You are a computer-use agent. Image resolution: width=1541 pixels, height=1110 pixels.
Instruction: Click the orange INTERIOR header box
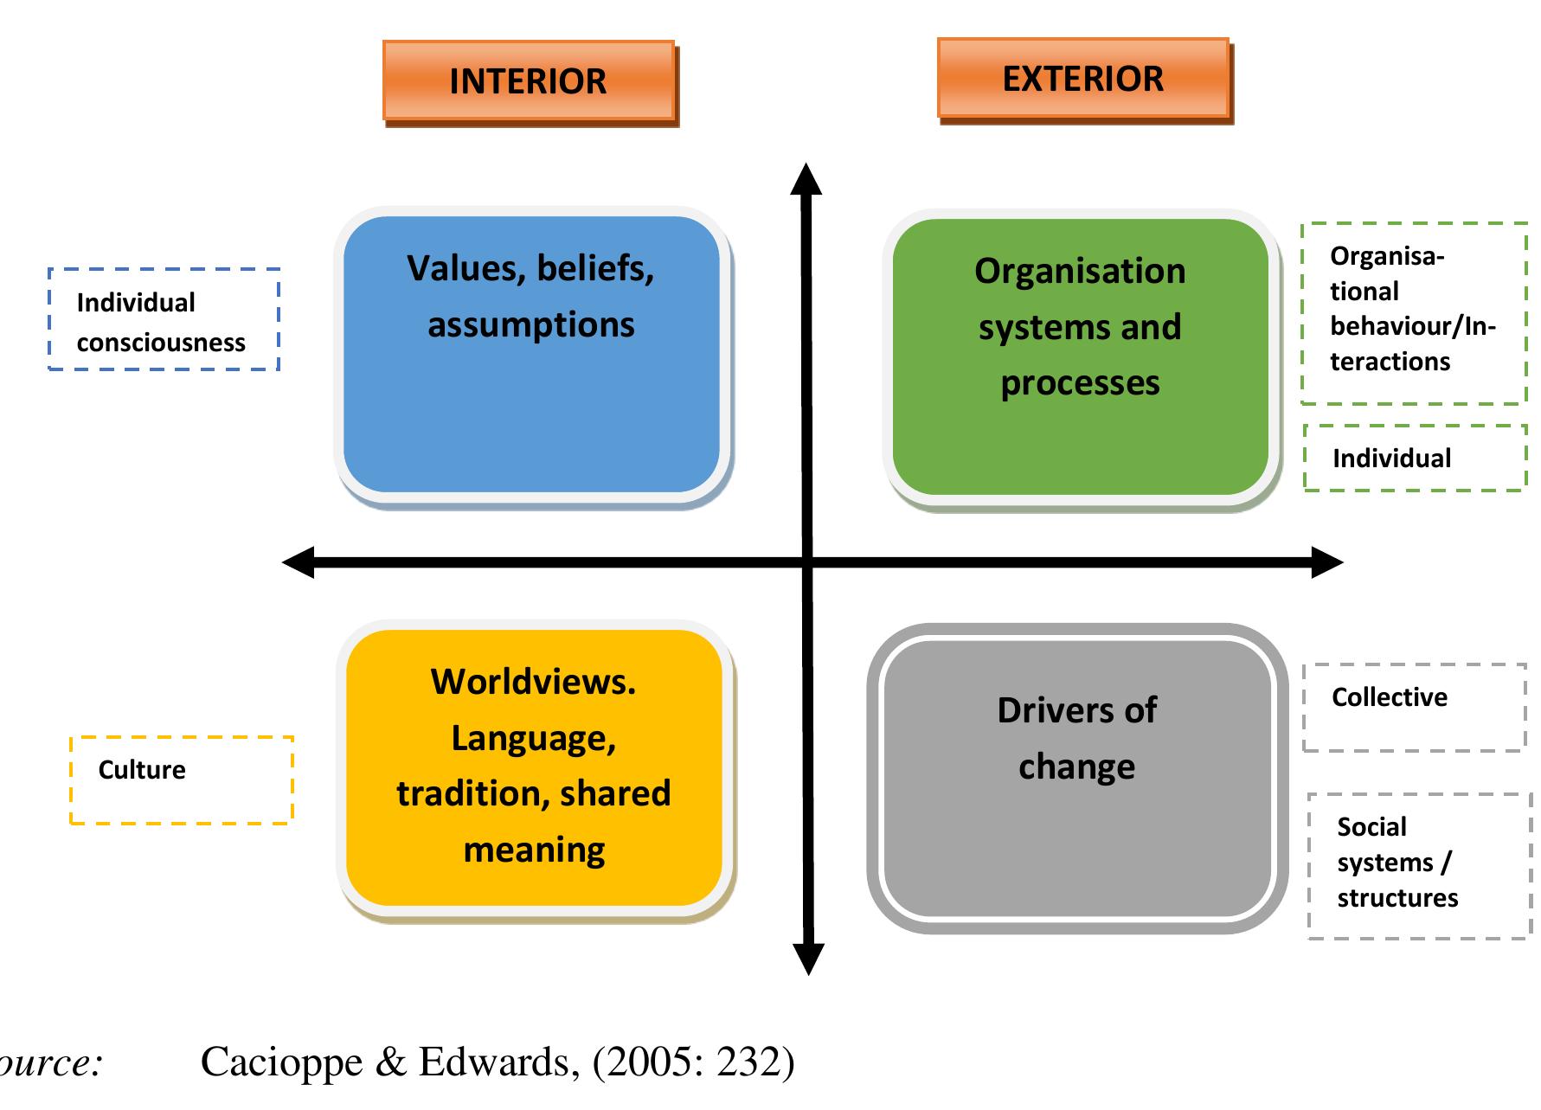529,81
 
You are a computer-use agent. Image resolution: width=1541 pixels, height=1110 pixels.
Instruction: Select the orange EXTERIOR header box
1083,79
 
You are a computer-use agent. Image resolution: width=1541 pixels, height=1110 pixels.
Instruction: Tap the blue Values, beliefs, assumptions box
531,355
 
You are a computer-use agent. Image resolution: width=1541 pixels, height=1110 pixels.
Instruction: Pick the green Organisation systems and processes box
1080,356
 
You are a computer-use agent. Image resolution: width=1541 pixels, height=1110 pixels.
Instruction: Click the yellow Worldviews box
534,768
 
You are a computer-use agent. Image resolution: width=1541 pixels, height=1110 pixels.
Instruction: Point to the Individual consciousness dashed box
164,320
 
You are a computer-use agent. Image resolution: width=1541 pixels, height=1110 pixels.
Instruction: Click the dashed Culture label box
181,780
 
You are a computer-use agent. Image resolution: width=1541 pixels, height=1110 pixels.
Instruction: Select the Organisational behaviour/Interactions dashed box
1413,312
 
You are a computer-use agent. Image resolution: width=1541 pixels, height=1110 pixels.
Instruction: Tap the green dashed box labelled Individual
1415,459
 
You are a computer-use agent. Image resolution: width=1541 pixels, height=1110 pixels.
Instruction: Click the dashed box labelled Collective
1414,707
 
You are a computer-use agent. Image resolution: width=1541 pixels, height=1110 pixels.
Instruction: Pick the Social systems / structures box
1418,865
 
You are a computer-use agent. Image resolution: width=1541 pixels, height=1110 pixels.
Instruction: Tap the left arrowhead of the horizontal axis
299,562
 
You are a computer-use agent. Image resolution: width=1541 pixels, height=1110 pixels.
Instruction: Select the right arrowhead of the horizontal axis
1326,562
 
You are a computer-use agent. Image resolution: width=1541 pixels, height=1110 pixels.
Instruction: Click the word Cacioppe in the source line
281,1062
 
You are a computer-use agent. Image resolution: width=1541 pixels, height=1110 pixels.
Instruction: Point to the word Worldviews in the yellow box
533,682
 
